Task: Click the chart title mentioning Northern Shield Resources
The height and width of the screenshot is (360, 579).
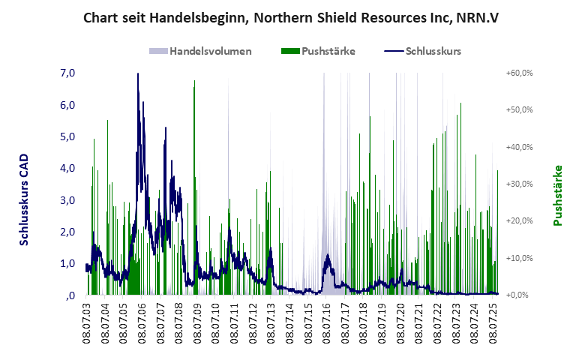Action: point(289,17)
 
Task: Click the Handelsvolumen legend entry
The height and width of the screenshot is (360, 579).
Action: point(210,51)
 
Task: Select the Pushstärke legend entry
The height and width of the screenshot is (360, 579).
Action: point(328,51)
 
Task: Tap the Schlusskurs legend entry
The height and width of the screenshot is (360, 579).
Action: point(433,51)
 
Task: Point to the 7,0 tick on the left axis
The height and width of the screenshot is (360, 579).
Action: point(67,73)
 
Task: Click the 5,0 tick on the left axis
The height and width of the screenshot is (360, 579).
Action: point(67,136)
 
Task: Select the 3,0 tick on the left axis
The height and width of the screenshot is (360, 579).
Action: point(67,200)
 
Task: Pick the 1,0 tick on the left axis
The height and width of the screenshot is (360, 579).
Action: point(67,263)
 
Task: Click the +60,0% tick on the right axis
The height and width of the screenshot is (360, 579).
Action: point(519,73)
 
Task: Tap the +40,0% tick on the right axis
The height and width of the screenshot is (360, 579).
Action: point(519,147)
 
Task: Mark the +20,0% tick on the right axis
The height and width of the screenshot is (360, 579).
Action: point(519,221)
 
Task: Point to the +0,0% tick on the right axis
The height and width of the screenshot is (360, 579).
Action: point(520,295)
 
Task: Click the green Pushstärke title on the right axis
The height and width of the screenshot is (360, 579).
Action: point(557,195)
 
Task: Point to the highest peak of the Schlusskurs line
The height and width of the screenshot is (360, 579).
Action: point(138,73)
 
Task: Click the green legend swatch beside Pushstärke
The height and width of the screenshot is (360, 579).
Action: point(290,51)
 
